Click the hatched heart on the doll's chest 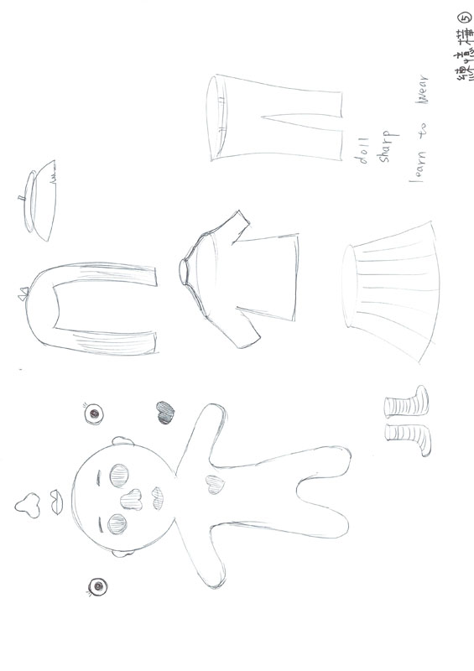[212, 483]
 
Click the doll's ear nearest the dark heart [119, 441]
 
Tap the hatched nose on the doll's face [132, 497]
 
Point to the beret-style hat [38, 199]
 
